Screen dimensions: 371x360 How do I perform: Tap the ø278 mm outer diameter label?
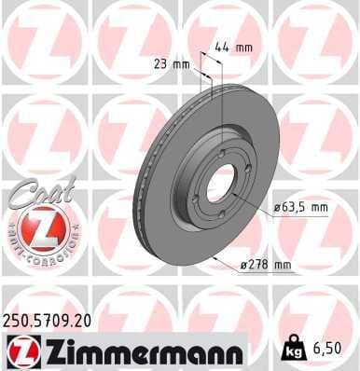tap(265, 266)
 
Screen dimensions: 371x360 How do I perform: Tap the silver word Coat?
tap(35, 197)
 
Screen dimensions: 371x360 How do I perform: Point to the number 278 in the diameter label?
tap(258, 266)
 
